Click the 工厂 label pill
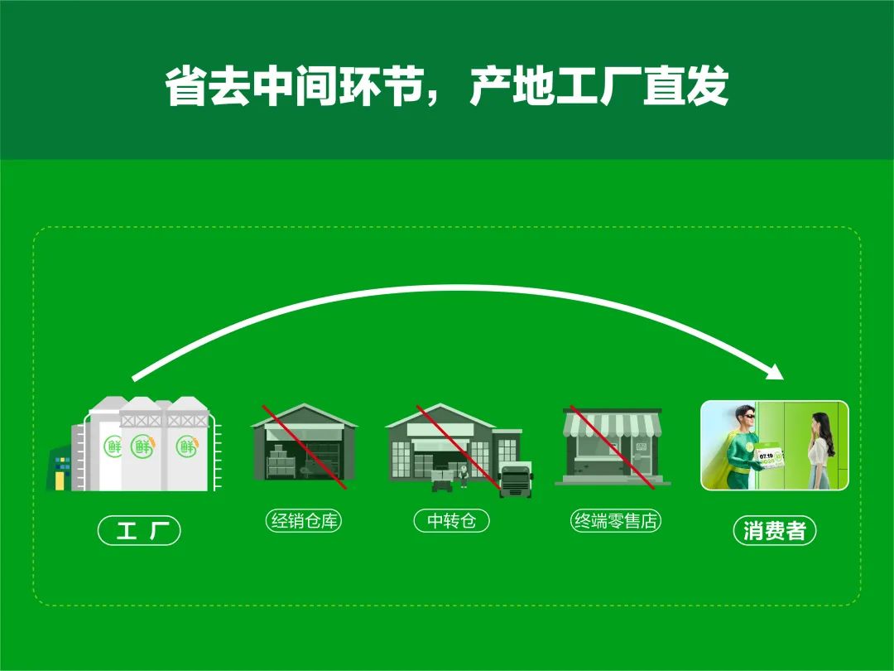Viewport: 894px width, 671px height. click(x=139, y=530)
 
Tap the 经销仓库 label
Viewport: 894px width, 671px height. click(x=304, y=520)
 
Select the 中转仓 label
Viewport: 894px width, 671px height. click(x=451, y=520)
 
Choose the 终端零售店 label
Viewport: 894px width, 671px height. click(x=616, y=520)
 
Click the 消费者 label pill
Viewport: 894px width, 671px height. click(x=774, y=531)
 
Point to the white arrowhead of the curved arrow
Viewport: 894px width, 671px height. click(x=775, y=371)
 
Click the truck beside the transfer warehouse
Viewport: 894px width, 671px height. click(x=516, y=480)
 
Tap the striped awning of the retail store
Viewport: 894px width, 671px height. click(x=613, y=425)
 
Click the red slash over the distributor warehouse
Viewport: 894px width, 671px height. click(x=304, y=447)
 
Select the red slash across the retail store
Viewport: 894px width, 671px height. click(x=612, y=447)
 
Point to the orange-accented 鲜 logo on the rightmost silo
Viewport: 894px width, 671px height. click(x=186, y=446)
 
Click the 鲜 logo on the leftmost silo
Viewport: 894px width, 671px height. click(x=113, y=446)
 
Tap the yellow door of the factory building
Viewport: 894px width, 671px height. click(x=60, y=481)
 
